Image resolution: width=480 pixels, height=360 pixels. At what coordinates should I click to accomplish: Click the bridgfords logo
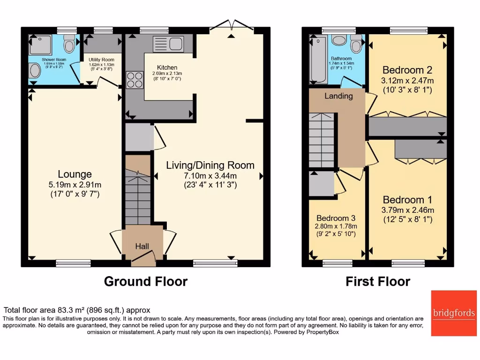point(453,313)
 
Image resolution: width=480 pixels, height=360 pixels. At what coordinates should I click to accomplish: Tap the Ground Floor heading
point(145,281)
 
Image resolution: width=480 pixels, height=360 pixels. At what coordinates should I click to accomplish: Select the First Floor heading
point(378,281)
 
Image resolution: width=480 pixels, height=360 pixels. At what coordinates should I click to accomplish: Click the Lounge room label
point(75,174)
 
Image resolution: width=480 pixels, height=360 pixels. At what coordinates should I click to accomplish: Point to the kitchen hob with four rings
point(134,79)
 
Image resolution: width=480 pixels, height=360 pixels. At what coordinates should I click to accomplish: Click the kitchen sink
point(168,44)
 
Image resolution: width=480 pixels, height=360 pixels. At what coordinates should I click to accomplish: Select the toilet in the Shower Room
point(69,44)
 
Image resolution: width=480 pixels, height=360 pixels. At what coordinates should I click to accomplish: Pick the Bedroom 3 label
point(336,218)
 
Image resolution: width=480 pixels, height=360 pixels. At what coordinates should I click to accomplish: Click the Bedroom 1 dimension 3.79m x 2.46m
point(407,210)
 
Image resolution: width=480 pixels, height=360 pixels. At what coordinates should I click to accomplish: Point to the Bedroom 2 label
point(407,70)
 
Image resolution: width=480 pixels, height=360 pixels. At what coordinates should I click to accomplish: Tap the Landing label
point(338,96)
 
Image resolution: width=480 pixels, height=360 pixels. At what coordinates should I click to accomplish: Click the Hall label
point(142,246)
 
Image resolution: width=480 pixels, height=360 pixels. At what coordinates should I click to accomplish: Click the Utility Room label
point(101,60)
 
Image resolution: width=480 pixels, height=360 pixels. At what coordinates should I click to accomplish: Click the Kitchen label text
point(167,67)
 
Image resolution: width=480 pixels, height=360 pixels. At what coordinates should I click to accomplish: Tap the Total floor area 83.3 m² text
point(77,310)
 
